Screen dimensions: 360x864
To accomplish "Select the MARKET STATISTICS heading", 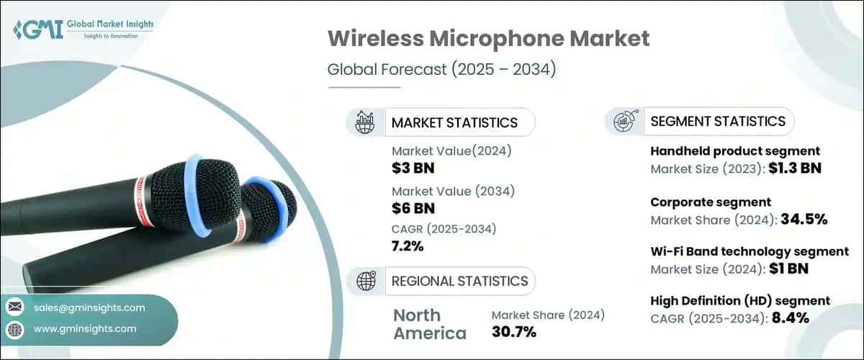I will (454, 122).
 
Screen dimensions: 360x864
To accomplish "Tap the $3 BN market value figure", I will (413, 169).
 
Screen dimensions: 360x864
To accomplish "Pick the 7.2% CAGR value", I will (408, 246).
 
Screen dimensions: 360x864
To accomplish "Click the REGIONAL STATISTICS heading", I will (459, 281).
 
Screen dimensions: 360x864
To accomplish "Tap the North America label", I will (430, 324).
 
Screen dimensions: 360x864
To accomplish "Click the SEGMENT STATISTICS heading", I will (717, 122).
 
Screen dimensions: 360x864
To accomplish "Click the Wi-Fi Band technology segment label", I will (749, 251).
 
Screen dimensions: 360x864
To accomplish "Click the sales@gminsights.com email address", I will (89, 307).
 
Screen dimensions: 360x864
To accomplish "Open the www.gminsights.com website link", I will (84, 328).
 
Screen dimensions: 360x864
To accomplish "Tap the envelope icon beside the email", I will (14, 307).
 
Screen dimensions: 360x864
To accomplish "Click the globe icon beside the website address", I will (14, 329).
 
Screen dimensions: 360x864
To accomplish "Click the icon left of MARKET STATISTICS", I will (365, 122).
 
